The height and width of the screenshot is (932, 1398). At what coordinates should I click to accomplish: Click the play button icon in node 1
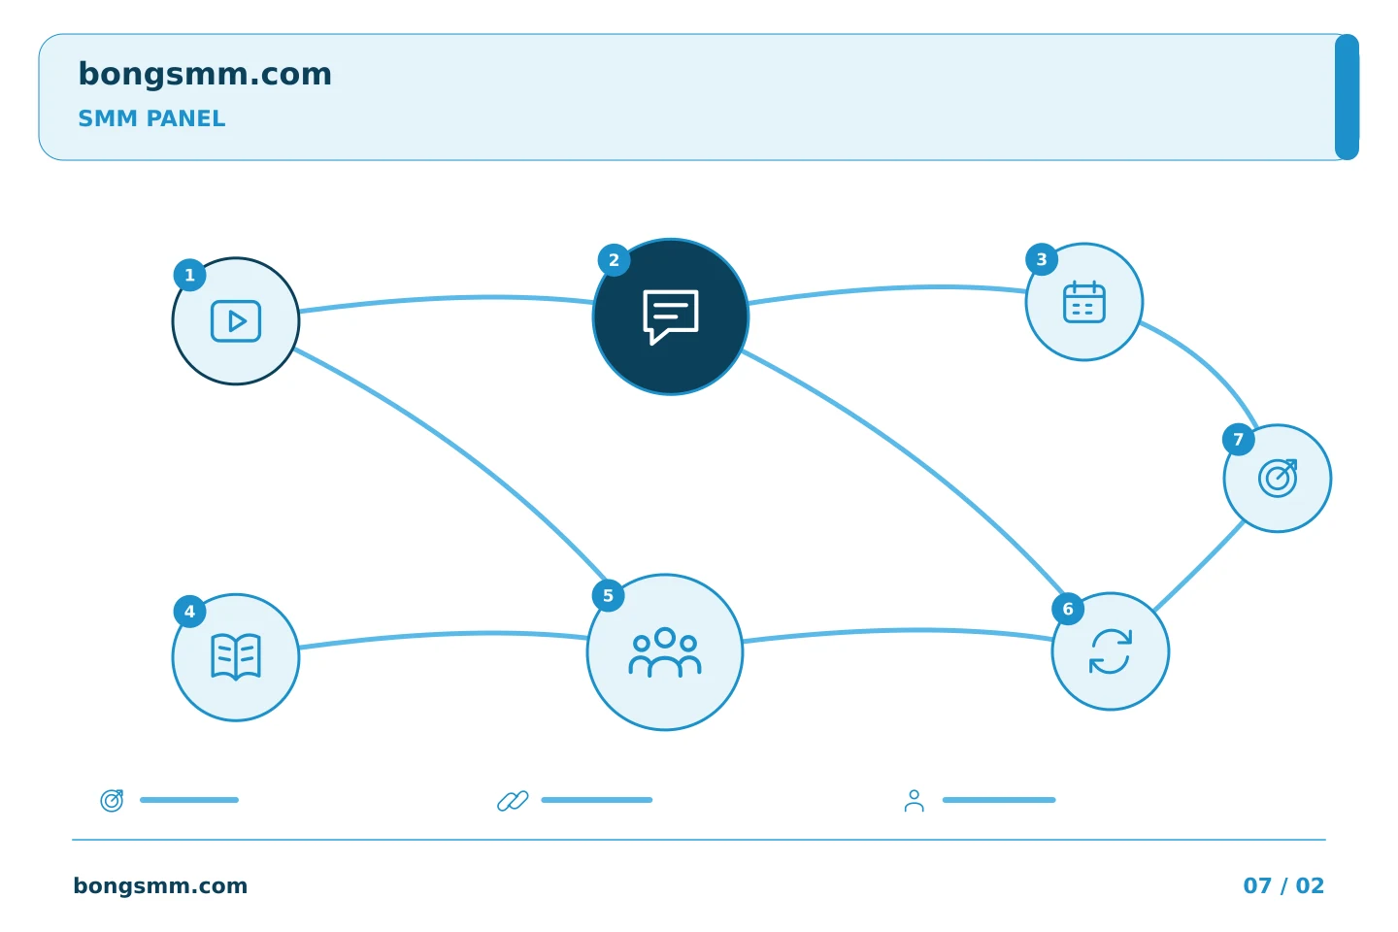[236, 321]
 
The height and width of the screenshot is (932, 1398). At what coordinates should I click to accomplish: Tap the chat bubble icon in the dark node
[671, 316]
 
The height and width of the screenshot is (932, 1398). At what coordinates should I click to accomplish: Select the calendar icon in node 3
[1084, 302]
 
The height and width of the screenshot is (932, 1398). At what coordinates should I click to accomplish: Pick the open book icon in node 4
[236, 657]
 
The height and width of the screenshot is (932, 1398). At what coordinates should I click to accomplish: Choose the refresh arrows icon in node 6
[1111, 651]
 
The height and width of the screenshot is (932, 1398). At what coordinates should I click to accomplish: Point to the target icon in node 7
[1278, 479]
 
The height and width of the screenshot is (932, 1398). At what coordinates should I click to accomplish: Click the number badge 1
[189, 276]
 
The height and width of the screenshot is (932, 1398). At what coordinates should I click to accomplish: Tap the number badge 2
[615, 260]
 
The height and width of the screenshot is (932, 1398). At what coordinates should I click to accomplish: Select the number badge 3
[1042, 259]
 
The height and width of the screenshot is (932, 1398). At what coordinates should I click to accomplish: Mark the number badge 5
[608, 596]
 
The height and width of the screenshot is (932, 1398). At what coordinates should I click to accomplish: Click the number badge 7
[1239, 440]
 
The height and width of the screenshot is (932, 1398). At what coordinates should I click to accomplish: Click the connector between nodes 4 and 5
[443, 635]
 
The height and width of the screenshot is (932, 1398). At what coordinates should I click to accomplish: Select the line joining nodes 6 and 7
[1199, 566]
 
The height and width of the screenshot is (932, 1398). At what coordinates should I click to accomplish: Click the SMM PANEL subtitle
[151, 118]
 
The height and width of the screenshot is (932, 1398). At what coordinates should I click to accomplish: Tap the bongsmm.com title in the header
[205, 74]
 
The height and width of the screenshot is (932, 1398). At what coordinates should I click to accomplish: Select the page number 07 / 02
[1283, 885]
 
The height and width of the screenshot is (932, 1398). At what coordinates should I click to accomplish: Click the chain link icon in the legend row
[513, 800]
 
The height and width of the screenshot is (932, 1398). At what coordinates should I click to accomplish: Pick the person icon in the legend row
[915, 800]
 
